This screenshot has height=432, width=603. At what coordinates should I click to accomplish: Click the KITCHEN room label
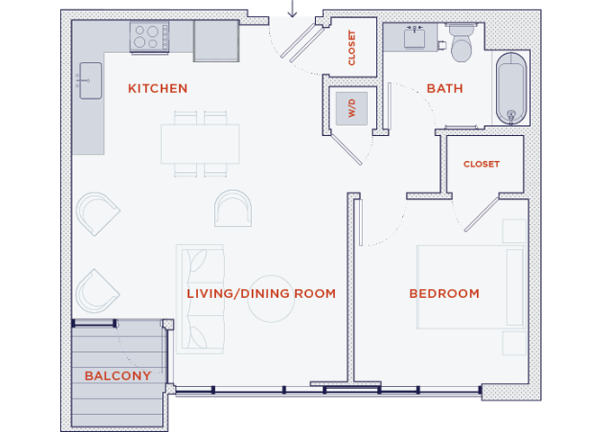[x=157, y=88]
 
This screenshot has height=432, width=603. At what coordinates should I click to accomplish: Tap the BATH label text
[x=445, y=88]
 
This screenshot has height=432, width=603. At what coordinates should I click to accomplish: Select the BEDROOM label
[x=444, y=293]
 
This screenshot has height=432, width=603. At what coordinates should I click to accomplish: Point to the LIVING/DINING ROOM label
[x=261, y=293]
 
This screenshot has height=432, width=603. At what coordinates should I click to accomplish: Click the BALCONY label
[x=117, y=375]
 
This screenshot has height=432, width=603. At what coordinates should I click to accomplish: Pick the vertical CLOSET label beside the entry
[x=352, y=48]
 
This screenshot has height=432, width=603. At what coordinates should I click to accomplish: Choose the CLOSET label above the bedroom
[x=481, y=164]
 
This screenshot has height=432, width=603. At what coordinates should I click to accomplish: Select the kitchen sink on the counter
[x=89, y=80]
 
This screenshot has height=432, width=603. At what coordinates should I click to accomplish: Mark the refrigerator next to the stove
[x=216, y=40]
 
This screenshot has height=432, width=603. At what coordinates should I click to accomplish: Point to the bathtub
[x=511, y=89]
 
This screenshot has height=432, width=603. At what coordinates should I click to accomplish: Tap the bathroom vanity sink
[x=414, y=38]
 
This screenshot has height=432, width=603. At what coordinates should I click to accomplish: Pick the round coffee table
[x=271, y=298]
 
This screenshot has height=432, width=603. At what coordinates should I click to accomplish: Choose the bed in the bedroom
[x=470, y=286]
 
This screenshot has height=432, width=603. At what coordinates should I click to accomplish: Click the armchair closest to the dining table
[x=232, y=208]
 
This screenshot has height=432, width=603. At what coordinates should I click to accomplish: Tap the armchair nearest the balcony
[x=96, y=290]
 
